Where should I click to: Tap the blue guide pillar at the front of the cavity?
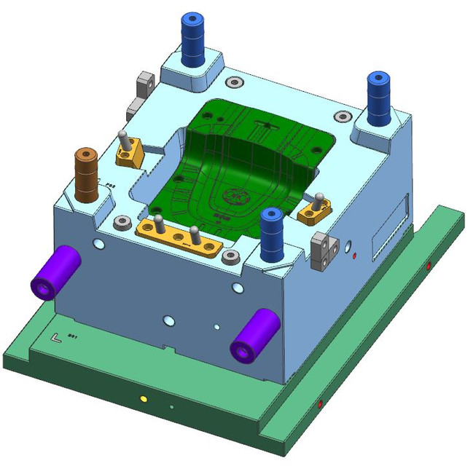[x=272, y=234]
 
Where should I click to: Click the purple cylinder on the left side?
[x=54, y=272]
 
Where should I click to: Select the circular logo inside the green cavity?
[x=236, y=196]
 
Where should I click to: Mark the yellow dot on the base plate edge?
[x=143, y=400]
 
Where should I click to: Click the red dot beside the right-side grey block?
[x=354, y=256]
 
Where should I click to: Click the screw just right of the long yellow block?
[x=231, y=256]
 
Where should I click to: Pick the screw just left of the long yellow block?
[x=120, y=220]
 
